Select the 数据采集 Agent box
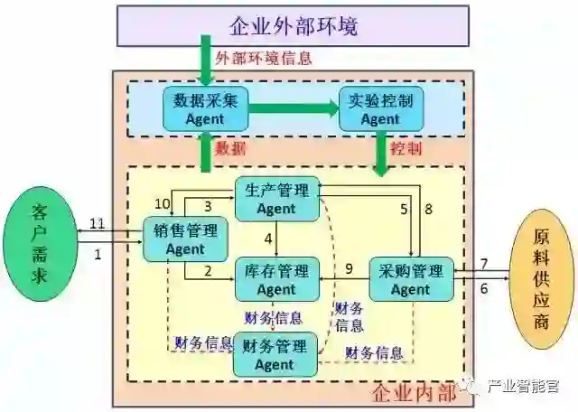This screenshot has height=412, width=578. point(205,108)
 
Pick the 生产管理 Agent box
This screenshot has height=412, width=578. point(276,199)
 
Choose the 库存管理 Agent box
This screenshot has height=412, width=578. point(276,280)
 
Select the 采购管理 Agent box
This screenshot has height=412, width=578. point(411,280)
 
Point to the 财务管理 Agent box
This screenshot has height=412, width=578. point(275,355)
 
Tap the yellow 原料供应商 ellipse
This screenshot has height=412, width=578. point(541,276)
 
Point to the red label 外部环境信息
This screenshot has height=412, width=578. point(264,59)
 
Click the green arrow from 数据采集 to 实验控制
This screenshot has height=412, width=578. point(289,108)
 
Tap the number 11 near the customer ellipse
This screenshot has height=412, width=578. point(98,223)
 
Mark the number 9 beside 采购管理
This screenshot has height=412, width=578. point(349,267)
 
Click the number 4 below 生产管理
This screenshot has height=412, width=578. point(268,239)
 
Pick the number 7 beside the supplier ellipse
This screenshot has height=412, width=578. point(484,264)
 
